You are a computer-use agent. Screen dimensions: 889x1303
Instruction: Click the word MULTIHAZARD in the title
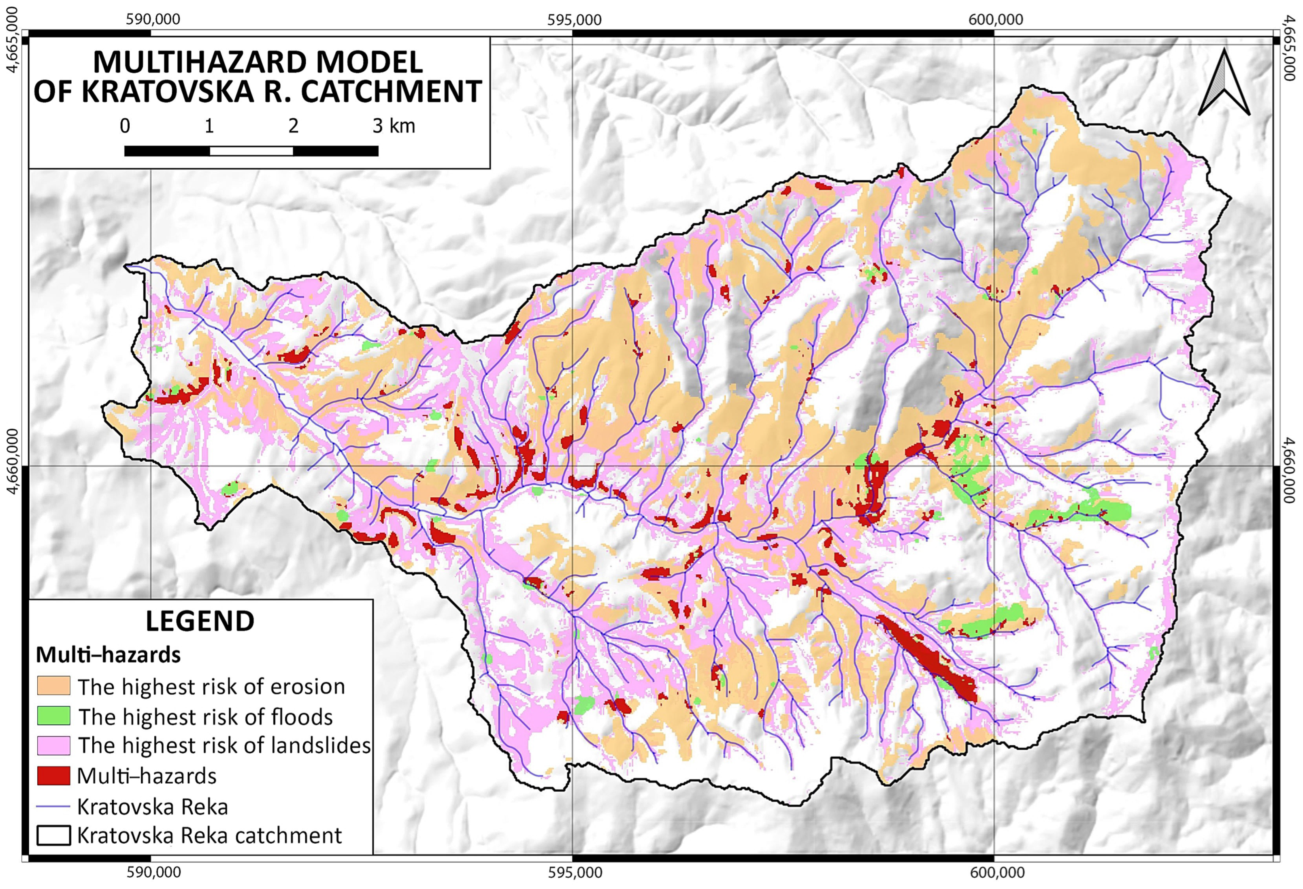point(258,62)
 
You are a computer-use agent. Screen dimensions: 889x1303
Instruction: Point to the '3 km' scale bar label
point(394,126)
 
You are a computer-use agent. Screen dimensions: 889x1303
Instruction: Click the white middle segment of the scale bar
point(251,151)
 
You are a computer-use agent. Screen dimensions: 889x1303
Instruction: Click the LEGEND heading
point(200,621)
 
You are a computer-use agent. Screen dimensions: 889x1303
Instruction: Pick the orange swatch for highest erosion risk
point(53,685)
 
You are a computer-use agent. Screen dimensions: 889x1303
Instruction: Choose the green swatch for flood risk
point(53,716)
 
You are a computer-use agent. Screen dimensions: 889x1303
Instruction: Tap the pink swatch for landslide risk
point(53,745)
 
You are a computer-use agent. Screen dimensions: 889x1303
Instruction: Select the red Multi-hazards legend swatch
point(53,776)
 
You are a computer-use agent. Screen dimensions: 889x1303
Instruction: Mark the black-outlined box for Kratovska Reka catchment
point(53,836)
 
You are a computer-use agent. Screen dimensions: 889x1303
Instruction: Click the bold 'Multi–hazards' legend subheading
point(108,654)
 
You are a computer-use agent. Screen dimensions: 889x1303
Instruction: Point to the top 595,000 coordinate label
point(574,19)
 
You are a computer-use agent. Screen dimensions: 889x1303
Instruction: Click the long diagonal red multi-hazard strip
point(928,659)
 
